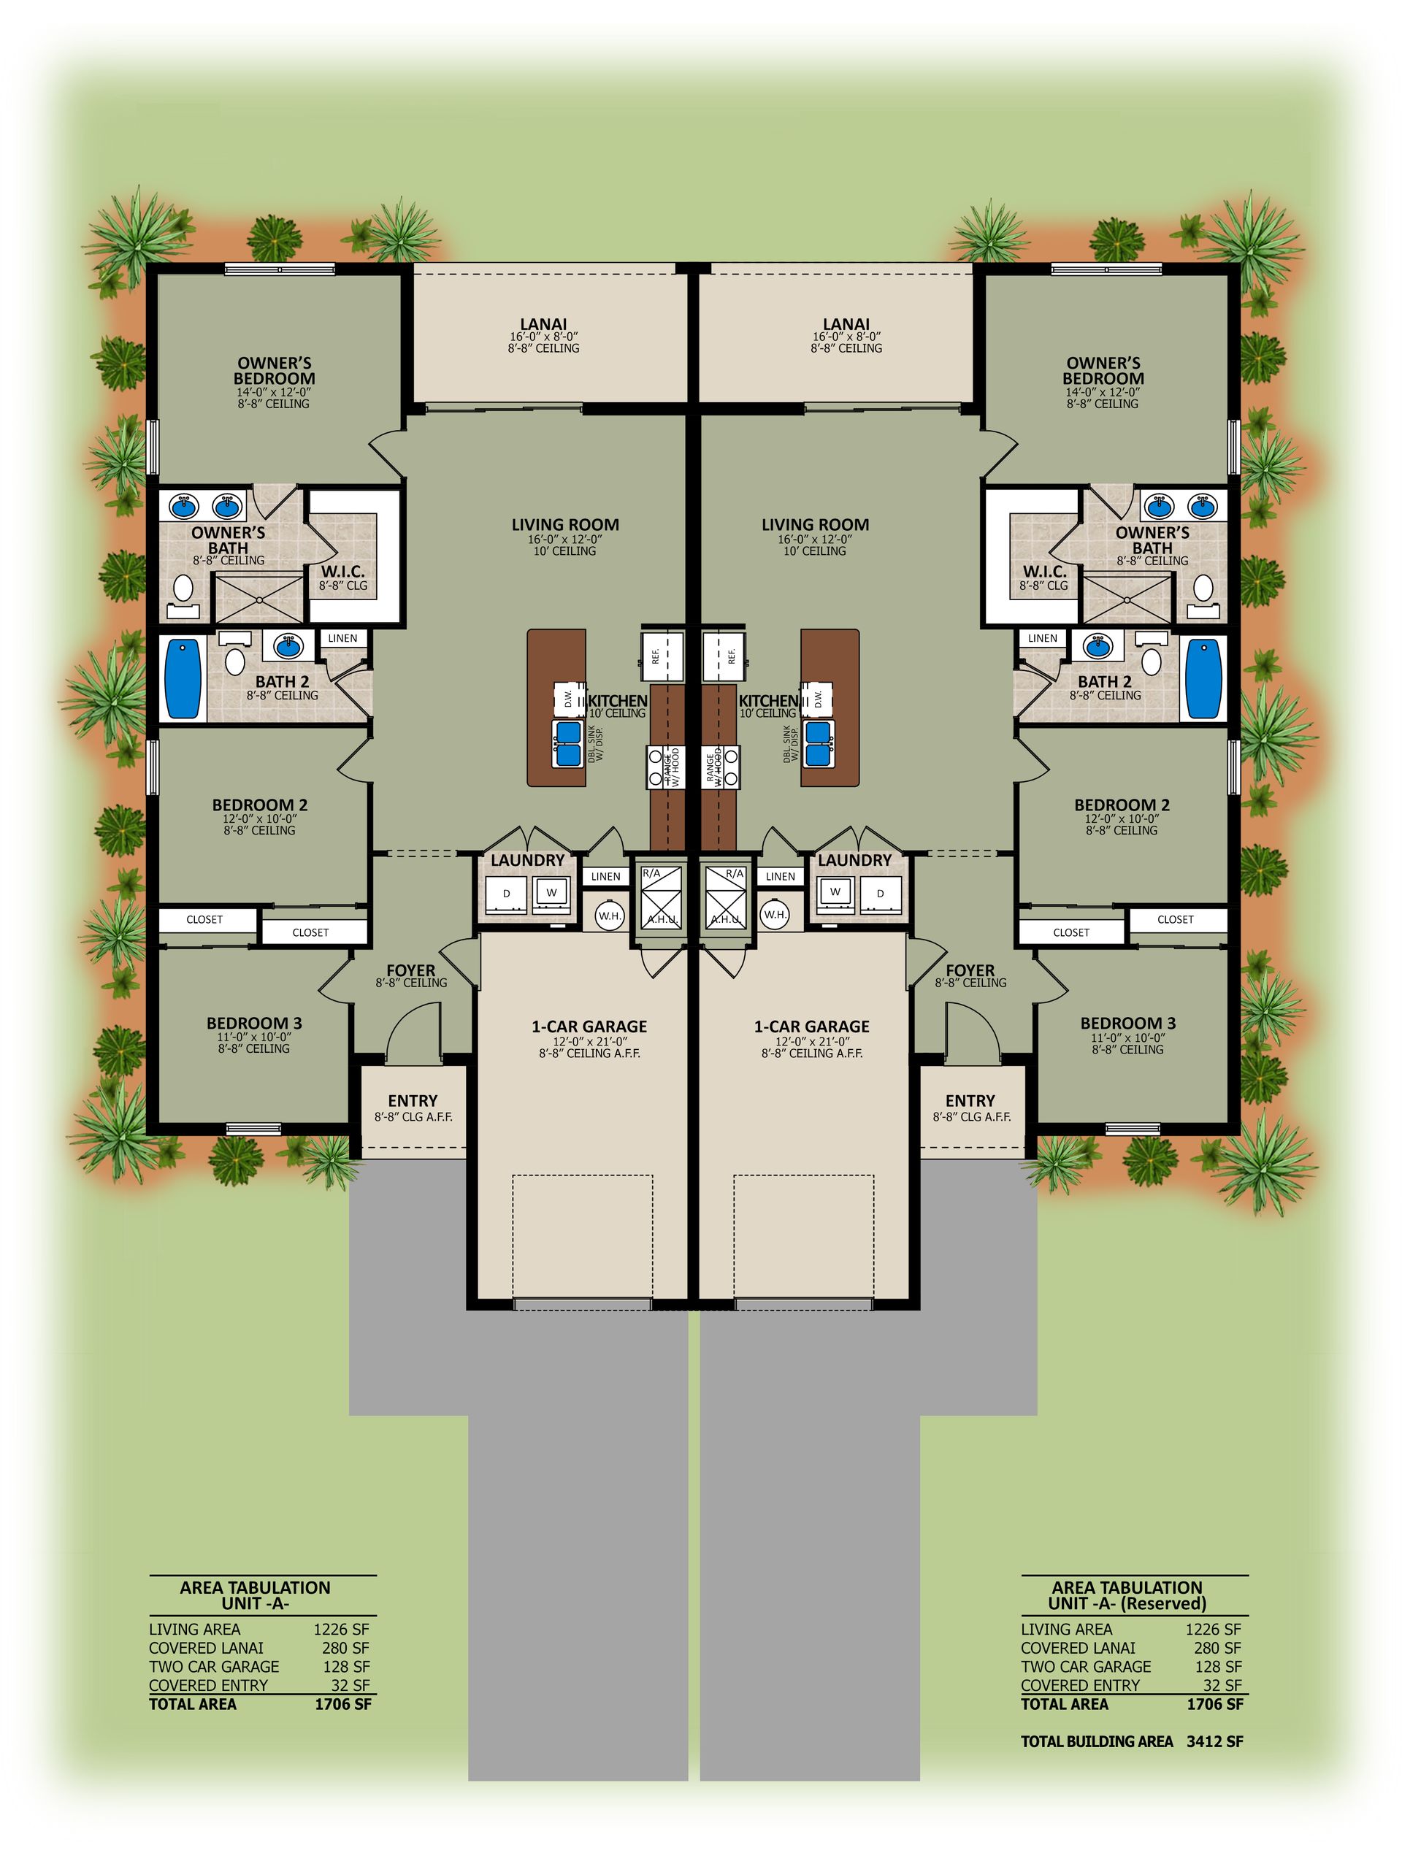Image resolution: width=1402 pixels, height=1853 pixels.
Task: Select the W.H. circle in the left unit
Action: coord(609,916)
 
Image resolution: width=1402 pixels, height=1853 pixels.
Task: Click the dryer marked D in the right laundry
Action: coord(880,894)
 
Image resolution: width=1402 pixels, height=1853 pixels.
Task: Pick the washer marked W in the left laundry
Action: coord(551,893)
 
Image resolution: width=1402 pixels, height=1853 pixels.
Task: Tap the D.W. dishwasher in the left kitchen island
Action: coord(567,698)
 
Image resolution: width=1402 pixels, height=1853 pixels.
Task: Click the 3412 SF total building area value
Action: coord(1214,1741)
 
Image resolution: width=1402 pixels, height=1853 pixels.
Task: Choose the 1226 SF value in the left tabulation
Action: coord(341,1630)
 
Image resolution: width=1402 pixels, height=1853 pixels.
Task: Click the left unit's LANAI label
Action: coord(543,324)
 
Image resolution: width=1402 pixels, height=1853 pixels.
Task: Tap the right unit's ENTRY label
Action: coord(970,1101)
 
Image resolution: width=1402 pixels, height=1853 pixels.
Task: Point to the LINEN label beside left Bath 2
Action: coord(342,638)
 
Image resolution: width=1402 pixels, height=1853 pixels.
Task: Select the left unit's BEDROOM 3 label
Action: coord(254,1023)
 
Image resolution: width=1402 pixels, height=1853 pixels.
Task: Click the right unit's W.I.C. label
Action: coord(1044,572)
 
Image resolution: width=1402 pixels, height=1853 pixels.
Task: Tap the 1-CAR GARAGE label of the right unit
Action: coord(811,1027)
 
